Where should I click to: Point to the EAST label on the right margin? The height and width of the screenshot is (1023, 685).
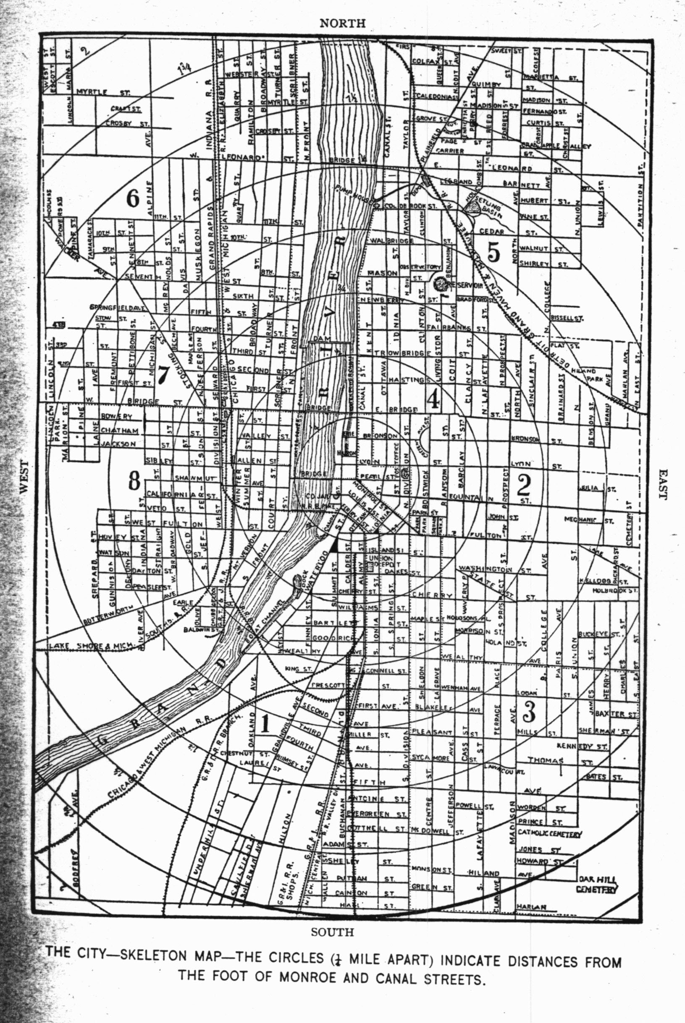[662, 485]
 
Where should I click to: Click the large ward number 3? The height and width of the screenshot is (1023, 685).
[529, 711]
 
